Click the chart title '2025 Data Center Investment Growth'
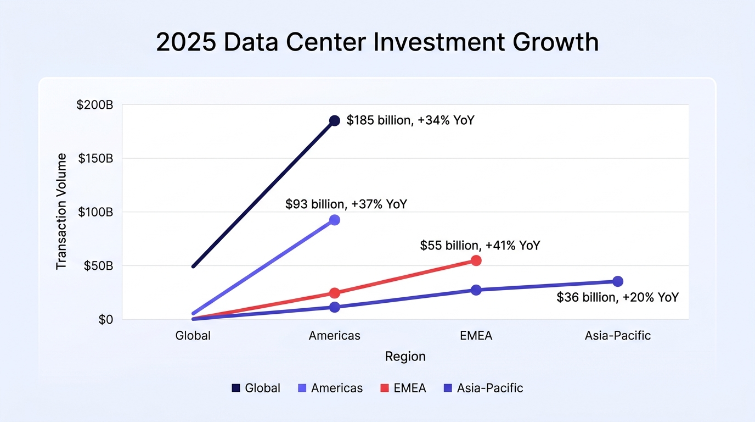(377, 42)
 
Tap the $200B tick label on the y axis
(95, 105)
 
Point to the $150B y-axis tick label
(95, 158)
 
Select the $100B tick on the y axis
(95, 212)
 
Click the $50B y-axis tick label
(98, 266)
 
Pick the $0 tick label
(106, 320)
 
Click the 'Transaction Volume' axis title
(61, 212)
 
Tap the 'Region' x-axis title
(405, 357)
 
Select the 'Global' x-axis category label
(193, 336)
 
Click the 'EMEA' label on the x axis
(476, 336)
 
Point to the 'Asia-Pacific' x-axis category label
(617, 336)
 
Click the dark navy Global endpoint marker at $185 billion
(334, 120)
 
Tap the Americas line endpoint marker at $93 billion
(334, 220)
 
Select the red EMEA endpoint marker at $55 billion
(476, 260)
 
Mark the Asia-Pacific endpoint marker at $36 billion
(617, 281)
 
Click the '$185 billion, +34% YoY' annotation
(410, 120)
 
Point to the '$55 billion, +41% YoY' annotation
(480, 246)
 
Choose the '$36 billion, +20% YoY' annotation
(617, 297)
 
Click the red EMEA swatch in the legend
(385, 388)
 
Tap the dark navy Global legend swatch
(236, 388)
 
